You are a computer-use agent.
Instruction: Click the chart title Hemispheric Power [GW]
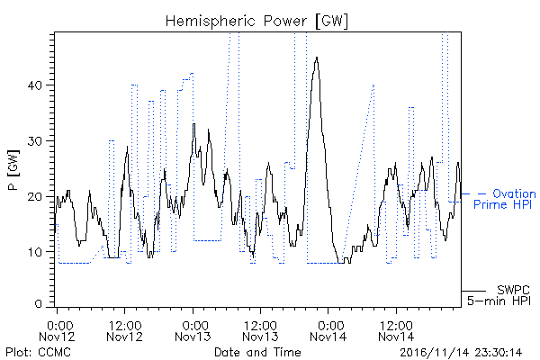pyautogui.click(x=256, y=22)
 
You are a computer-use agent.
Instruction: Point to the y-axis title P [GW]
pyautogui.click(x=13, y=170)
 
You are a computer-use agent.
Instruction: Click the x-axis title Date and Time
pyautogui.click(x=257, y=352)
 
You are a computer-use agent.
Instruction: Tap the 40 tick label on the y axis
pyautogui.click(x=35, y=85)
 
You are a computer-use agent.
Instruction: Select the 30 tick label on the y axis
pyautogui.click(x=35, y=141)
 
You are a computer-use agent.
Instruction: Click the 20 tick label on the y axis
pyautogui.click(x=35, y=197)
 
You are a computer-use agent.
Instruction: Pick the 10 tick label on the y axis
pyautogui.click(x=35, y=252)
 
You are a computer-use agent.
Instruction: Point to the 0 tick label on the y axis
pyautogui.click(x=39, y=304)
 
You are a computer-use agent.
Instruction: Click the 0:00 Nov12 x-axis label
pyautogui.click(x=57, y=331)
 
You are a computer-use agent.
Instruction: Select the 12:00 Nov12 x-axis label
pyautogui.click(x=125, y=331)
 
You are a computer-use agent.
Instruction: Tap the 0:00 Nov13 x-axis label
pyautogui.click(x=193, y=331)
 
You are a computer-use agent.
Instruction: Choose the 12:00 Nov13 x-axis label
pyautogui.click(x=260, y=331)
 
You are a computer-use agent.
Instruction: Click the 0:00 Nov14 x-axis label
pyautogui.click(x=328, y=331)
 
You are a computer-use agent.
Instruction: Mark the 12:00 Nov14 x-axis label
pyautogui.click(x=396, y=331)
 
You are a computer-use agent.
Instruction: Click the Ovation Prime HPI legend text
pyautogui.click(x=505, y=199)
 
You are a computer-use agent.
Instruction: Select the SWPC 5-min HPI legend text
pyautogui.click(x=499, y=295)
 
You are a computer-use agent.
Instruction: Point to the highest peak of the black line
pyautogui.click(x=317, y=58)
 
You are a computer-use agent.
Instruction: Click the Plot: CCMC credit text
pyautogui.click(x=38, y=353)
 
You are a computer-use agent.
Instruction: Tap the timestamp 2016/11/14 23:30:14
pyautogui.click(x=461, y=353)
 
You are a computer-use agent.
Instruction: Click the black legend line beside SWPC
pyautogui.click(x=473, y=291)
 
